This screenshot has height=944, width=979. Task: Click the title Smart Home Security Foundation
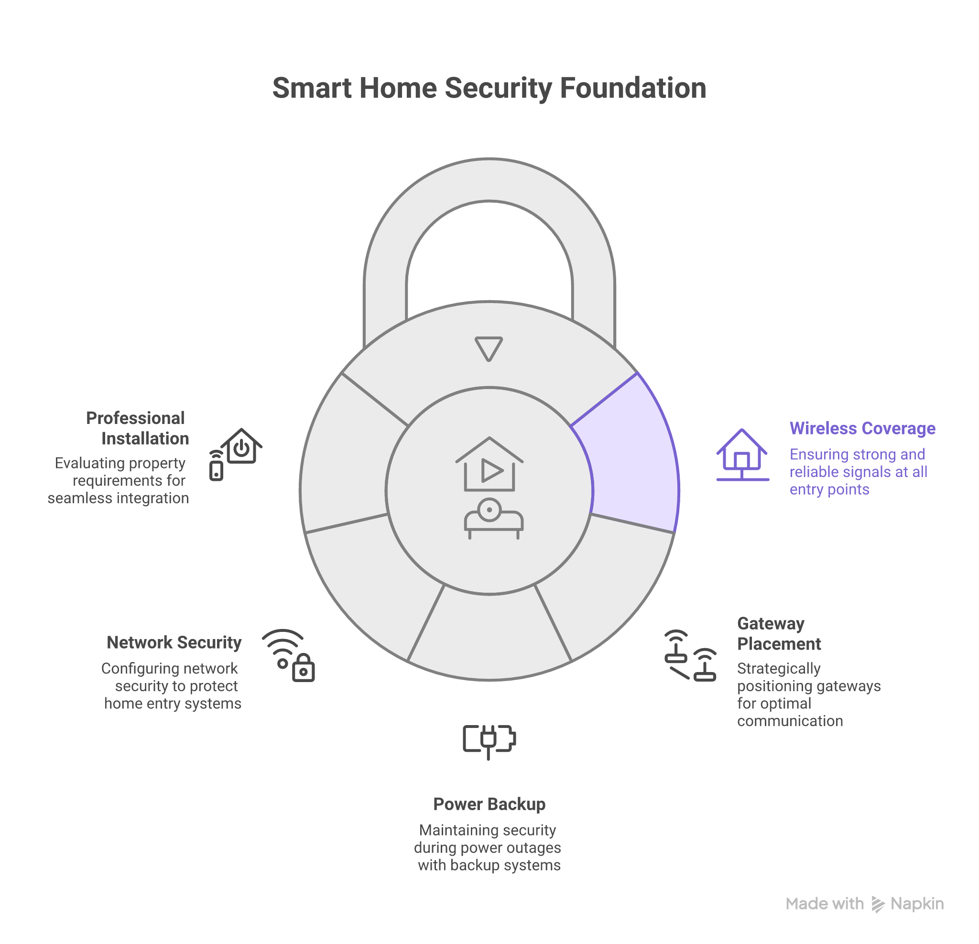coord(489,88)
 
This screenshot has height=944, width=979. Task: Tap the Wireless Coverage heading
coord(862,429)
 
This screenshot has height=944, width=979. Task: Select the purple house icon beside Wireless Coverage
coord(742,455)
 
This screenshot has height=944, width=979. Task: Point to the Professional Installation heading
coord(137,428)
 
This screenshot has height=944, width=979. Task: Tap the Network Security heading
coord(174,642)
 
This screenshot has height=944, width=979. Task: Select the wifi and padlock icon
coord(289,655)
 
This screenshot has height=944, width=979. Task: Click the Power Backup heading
coord(489,804)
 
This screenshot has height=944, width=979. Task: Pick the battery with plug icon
coord(489,740)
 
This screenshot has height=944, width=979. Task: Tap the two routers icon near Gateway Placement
coord(690,655)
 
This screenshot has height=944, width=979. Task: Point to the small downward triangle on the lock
coord(489,348)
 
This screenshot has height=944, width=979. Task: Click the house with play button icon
coord(489,465)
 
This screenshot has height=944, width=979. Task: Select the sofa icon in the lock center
coord(493,519)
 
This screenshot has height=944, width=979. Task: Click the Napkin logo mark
coord(878,904)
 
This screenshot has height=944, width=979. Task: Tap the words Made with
coord(824,904)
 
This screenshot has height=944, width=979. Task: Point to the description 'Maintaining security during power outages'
coord(488,847)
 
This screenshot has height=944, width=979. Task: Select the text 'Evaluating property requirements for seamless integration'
coord(119,480)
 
